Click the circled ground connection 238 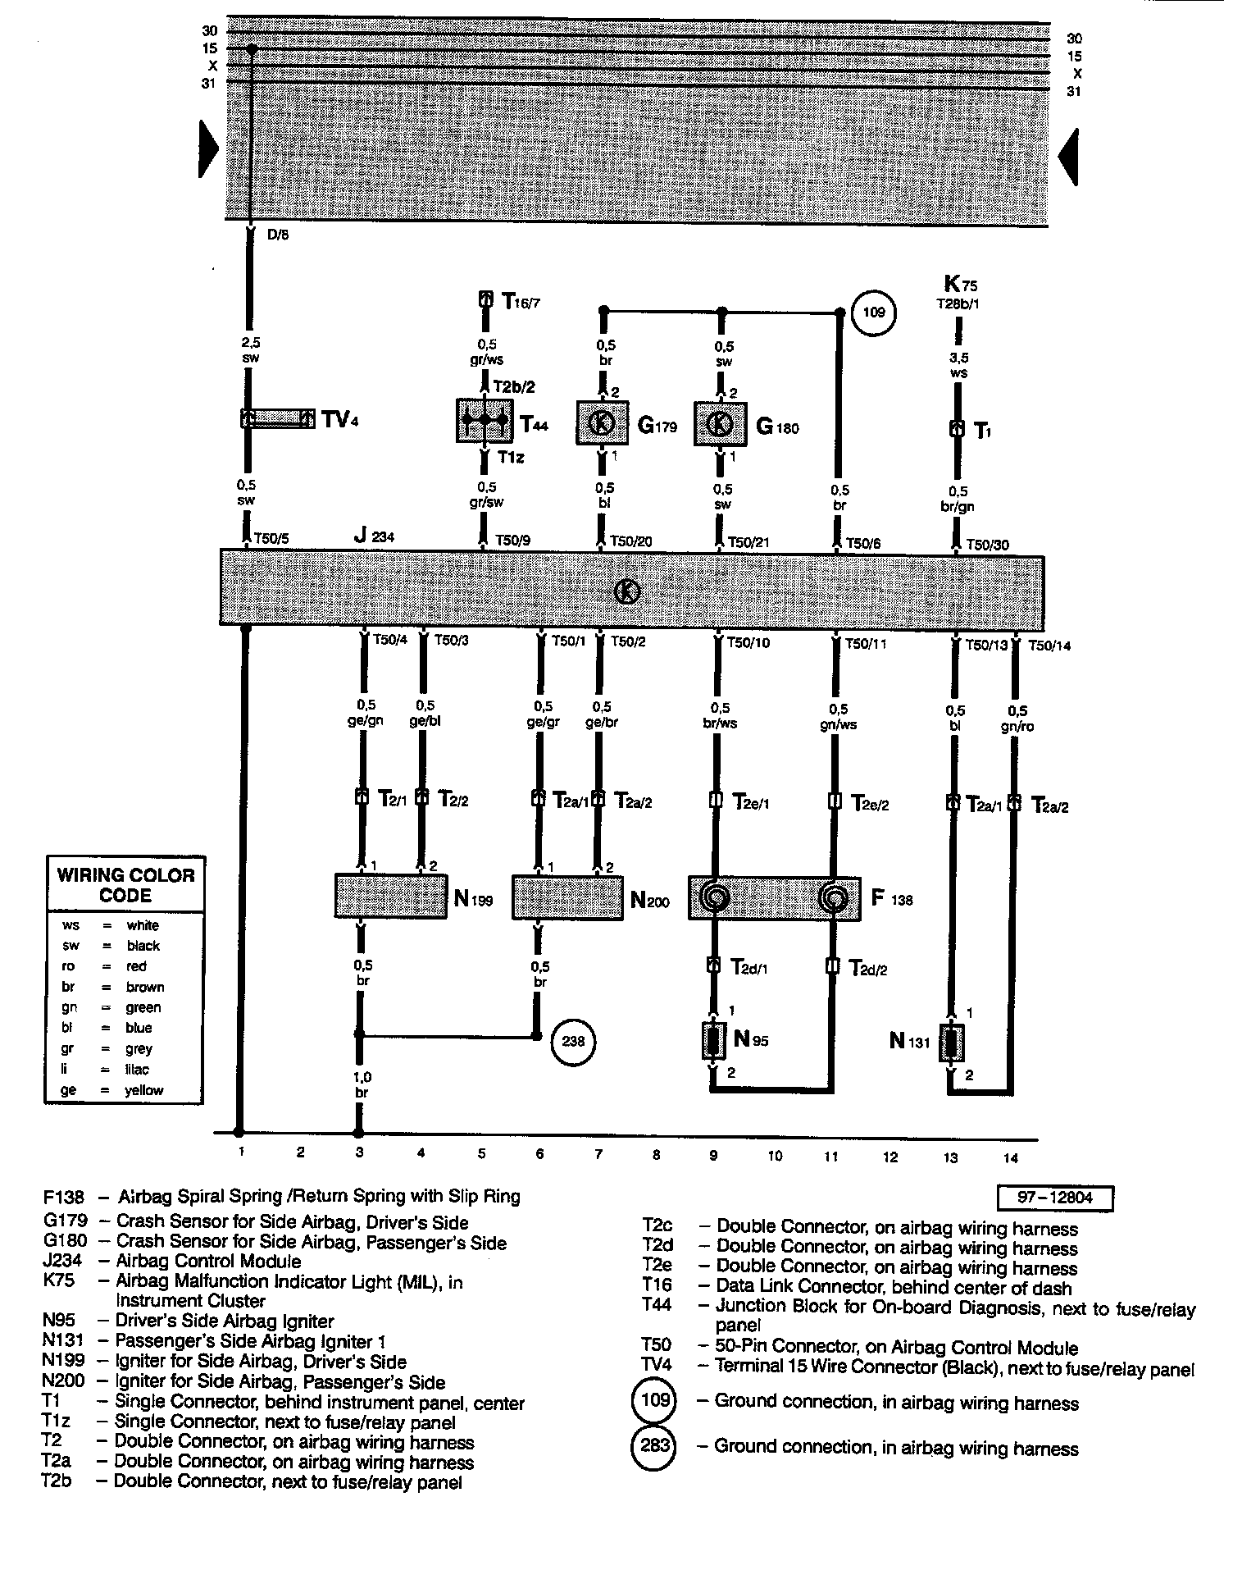coord(573,1042)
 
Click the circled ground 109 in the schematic coord(875,312)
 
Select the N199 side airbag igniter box coord(391,897)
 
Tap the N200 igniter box coord(566,898)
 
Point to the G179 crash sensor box coord(603,423)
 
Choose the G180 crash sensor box coord(721,424)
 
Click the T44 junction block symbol coord(484,421)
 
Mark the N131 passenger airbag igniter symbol coord(952,1043)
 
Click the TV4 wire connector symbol coord(278,419)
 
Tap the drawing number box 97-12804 coord(1055,1198)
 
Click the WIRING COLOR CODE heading coord(125,885)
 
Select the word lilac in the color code coord(137,1070)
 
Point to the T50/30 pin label coord(988,545)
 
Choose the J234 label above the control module coord(374,536)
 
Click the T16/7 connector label coord(520,302)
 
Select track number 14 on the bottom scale coord(1010,1158)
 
